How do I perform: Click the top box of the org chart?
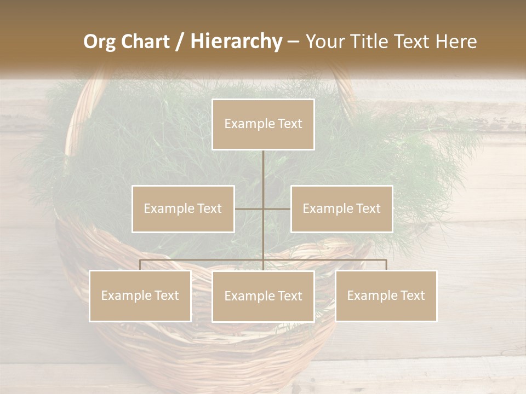point(263,124)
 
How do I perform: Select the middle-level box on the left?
point(183,208)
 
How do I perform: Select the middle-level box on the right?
point(341,208)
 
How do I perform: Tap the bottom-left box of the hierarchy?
point(140,296)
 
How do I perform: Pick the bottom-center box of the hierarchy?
point(263,296)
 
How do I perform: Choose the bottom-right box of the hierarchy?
point(386,296)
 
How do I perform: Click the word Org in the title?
point(99,42)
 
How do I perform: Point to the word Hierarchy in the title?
point(236,42)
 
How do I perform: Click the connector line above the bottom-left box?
point(140,265)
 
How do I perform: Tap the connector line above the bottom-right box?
point(386,265)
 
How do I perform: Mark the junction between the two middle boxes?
point(263,208)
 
